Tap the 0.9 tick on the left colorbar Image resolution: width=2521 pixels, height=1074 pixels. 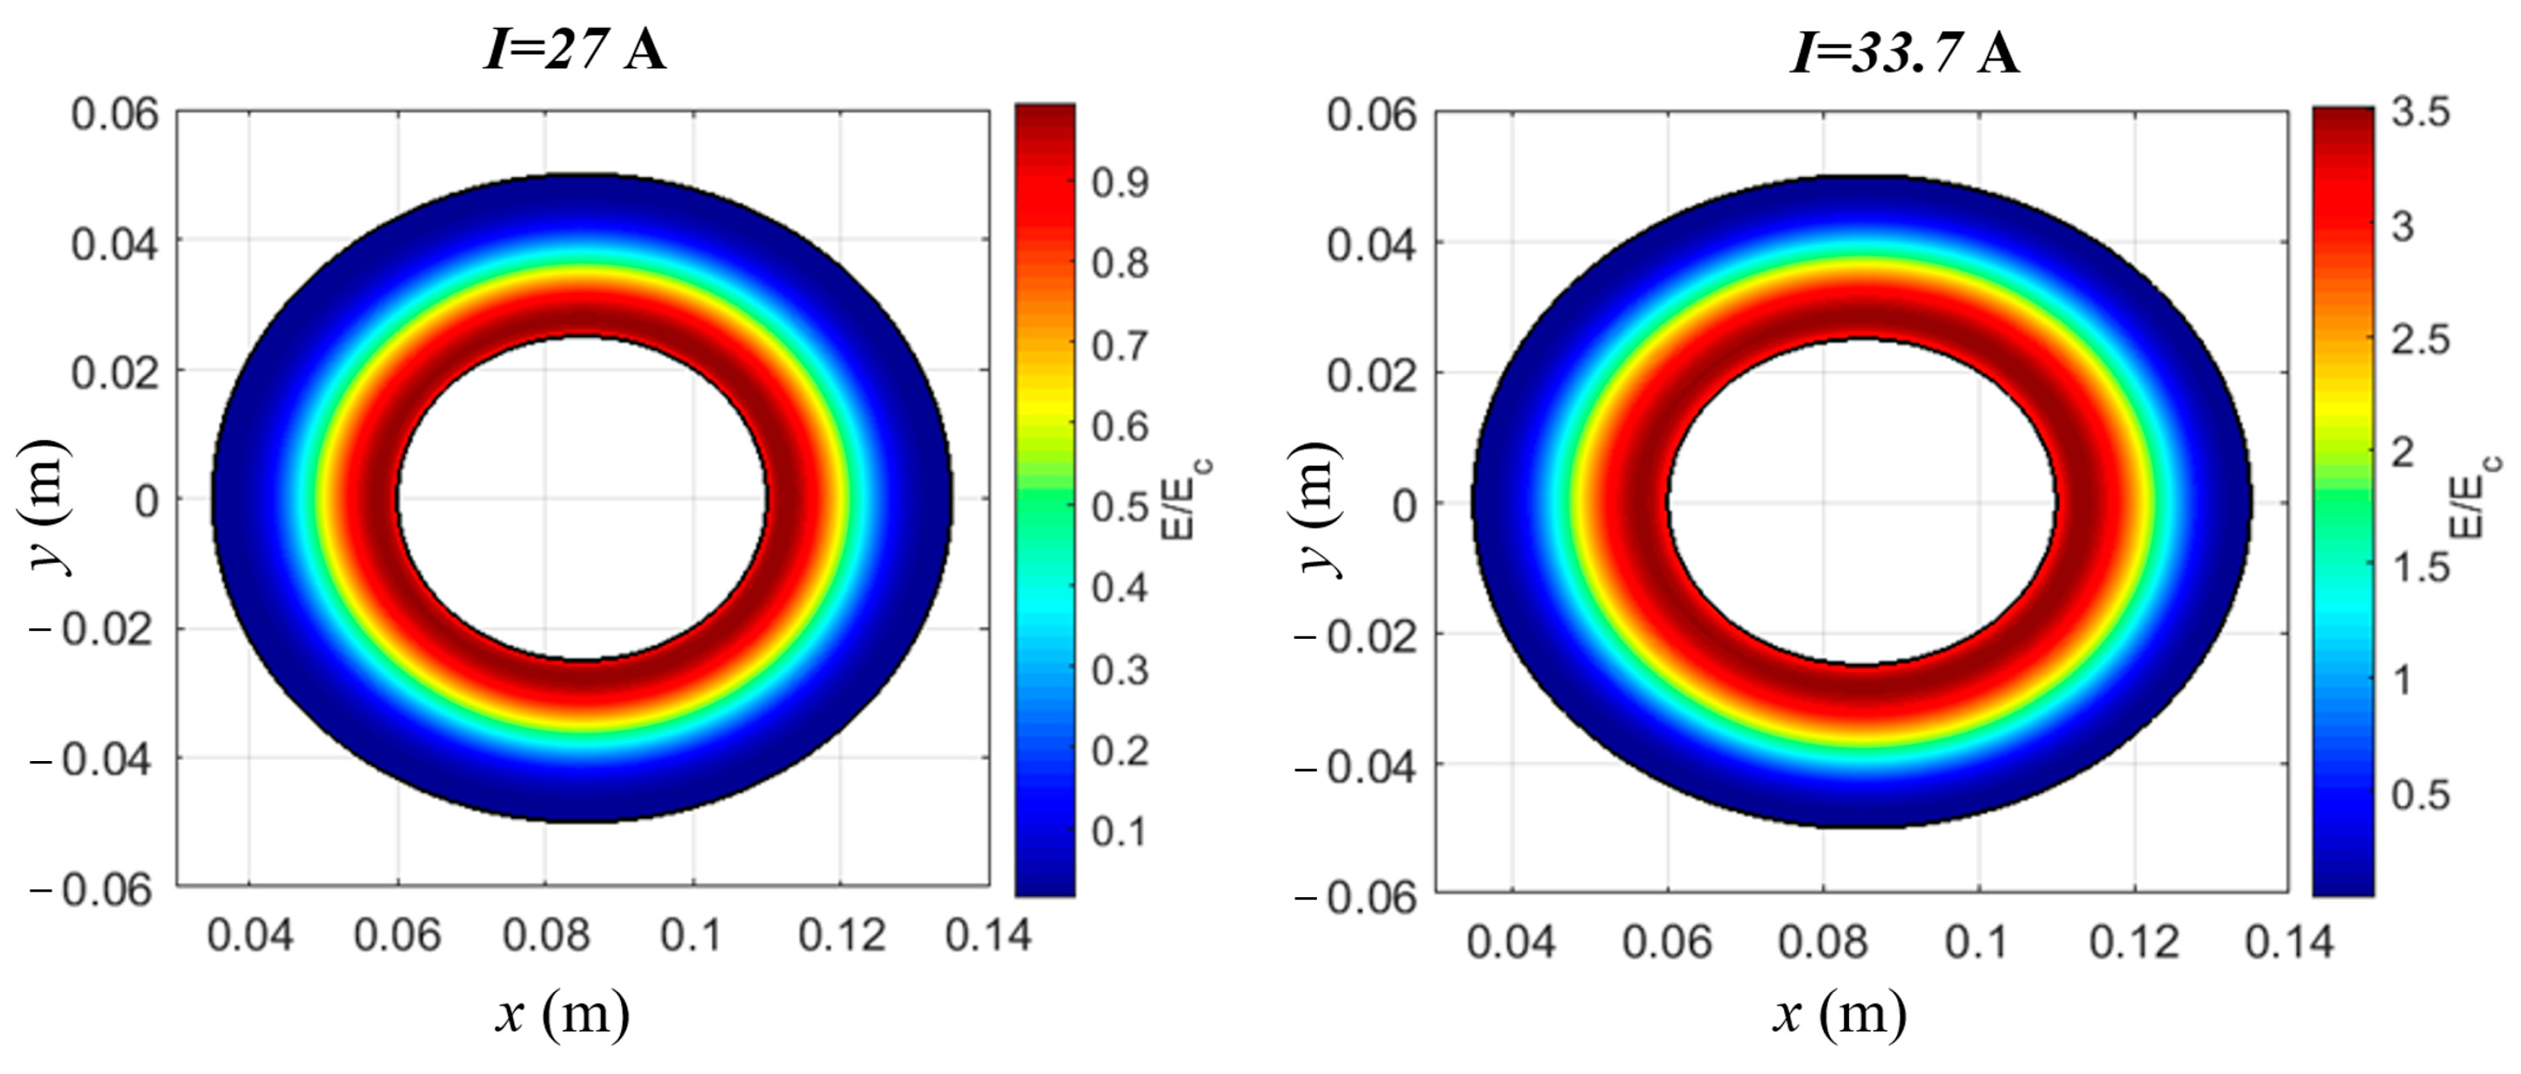[x=1120, y=182]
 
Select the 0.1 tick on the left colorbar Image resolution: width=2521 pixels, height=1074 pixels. [x=1120, y=832]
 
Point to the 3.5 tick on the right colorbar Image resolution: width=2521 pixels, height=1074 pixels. [x=2421, y=112]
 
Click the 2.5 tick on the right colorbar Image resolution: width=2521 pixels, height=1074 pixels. [x=2421, y=340]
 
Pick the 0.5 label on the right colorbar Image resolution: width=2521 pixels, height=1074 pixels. [x=2421, y=794]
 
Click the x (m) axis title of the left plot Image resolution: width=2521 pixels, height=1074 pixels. [x=562, y=1013]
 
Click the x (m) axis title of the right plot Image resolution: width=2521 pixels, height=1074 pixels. [x=1840, y=1013]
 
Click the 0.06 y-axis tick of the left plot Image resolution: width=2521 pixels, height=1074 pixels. [x=115, y=115]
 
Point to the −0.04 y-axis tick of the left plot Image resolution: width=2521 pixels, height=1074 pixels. [x=95, y=759]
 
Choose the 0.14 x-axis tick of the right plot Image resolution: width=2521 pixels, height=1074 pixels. [x=2288, y=942]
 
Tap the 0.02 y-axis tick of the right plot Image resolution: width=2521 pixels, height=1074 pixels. [x=1371, y=374]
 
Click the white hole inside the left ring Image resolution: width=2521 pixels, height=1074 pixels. [x=582, y=499]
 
